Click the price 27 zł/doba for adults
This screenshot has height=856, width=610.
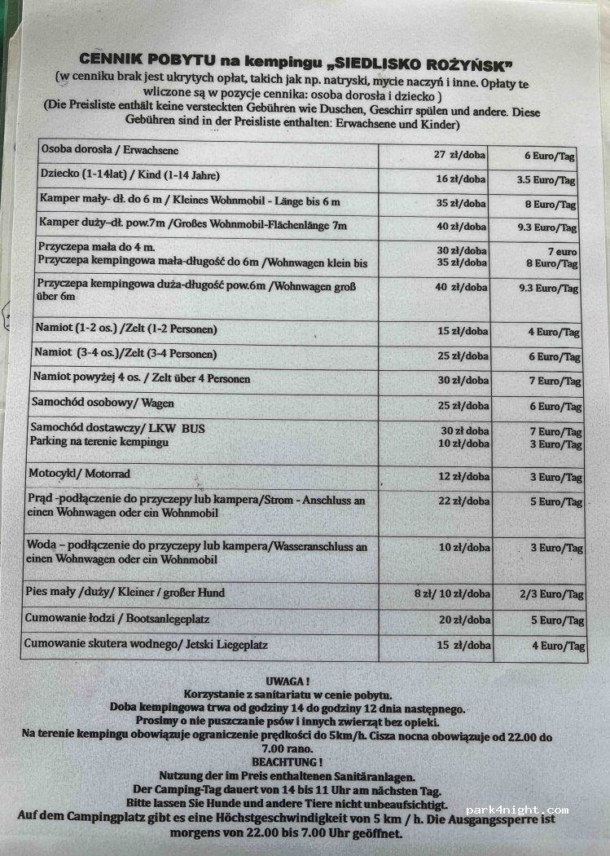(x=459, y=154)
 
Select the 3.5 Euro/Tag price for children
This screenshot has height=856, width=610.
(x=546, y=179)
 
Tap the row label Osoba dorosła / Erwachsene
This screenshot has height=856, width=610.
(x=109, y=151)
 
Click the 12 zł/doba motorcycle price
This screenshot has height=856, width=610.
(x=463, y=477)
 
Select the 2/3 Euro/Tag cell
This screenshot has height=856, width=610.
(x=552, y=594)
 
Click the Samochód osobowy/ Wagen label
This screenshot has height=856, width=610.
(x=102, y=403)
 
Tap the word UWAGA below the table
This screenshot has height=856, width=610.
(x=287, y=680)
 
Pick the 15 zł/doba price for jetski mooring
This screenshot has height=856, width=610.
(x=462, y=646)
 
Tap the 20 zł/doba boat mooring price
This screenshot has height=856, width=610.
(x=463, y=620)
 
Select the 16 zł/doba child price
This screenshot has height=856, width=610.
(x=460, y=179)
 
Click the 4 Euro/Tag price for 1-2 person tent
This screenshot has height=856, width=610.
(x=554, y=332)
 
